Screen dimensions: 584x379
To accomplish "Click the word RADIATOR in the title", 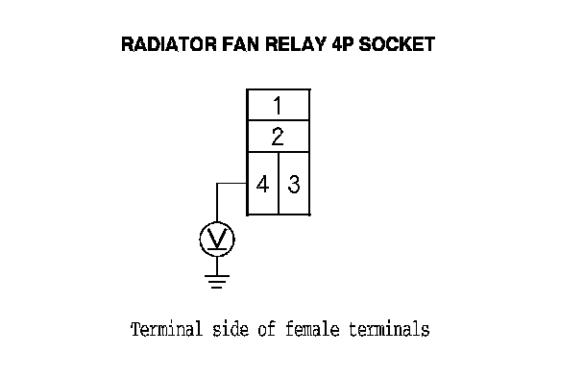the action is (x=169, y=44).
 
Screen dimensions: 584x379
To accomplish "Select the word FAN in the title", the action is (x=240, y=44).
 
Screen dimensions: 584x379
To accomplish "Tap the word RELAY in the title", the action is (x=296, y=44).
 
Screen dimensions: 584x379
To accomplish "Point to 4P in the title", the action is (x=342, y=44).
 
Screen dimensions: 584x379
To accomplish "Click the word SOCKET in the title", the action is (x=397, y=44).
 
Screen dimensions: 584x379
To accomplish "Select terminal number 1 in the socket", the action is (x=278, y=106).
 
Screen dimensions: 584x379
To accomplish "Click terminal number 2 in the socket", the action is (x=278, y=137).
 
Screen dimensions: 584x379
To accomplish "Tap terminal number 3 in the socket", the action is (x=294, y=184).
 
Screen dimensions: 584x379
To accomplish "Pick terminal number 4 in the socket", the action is (x=262, y=184).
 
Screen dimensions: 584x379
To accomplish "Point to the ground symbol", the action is (x=217, y=282).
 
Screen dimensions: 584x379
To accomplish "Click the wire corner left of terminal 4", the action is (x=217, y=183).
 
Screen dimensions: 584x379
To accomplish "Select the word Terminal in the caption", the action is (x=166, y=329).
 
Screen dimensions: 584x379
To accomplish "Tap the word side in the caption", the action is (x=231, y=329).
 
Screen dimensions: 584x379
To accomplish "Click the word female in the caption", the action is (x=312, y=329).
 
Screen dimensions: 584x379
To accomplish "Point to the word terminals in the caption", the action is (x=389, y=329).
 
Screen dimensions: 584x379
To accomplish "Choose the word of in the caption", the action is (x=267, y=329).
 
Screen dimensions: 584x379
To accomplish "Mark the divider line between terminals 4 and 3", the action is (x=279, y=183).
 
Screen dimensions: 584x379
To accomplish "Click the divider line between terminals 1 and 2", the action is (x=279, y=120).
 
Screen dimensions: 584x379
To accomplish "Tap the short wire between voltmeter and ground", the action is (x=217, y=265).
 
